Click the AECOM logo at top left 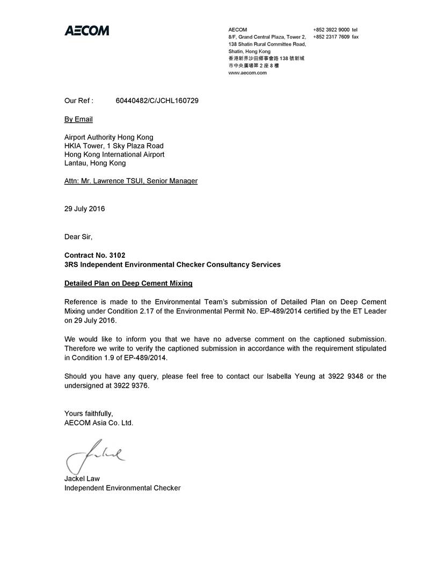tap(87, 31)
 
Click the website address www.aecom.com tap(247, 73)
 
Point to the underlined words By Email tap(78, 119)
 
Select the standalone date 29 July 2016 tap(85, 209)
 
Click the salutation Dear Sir tap(78, 237)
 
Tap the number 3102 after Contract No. tap(121, 255)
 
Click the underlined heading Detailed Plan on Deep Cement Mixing tap(128, 283)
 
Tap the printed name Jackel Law tap(82, 478)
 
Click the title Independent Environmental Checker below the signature tap(122, 488)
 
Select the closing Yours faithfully tap(89, 413)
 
